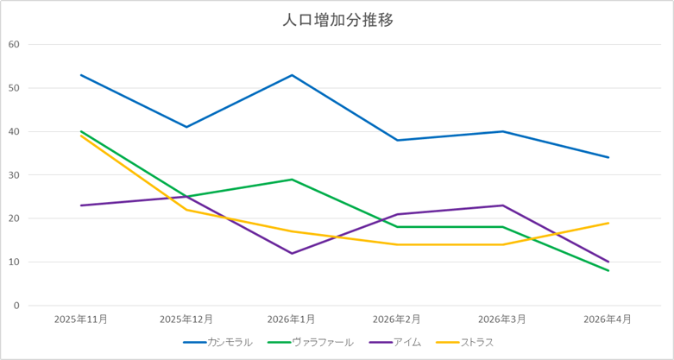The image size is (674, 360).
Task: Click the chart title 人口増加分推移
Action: (x=337, y=21)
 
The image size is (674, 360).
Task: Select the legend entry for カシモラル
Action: (x=218, y=343)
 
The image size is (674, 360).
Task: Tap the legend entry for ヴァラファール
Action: (x=310, y=343)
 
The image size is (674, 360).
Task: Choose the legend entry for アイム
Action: (x=395, y=343)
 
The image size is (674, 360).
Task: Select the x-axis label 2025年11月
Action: (x=81, y=319)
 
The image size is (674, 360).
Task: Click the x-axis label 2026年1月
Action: (x=292, y=319)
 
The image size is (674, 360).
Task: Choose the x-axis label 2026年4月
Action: (x=608, y=319)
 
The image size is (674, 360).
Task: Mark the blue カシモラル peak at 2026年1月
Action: (x=292, y=75)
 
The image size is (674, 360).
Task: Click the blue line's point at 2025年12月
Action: (x=186, y=127)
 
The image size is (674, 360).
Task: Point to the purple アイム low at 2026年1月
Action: (x=292, y=253)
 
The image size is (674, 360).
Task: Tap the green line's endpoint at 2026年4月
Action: (x=608, y=270)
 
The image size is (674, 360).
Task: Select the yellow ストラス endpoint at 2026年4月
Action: (x=608, y=223)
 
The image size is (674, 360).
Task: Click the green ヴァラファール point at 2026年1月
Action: (x=292, y=180)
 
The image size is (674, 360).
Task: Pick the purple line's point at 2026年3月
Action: (x=503, y=205)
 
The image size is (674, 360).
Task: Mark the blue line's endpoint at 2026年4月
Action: (x=608, y=157)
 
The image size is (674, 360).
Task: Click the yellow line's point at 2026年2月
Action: (x=398, y=244)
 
